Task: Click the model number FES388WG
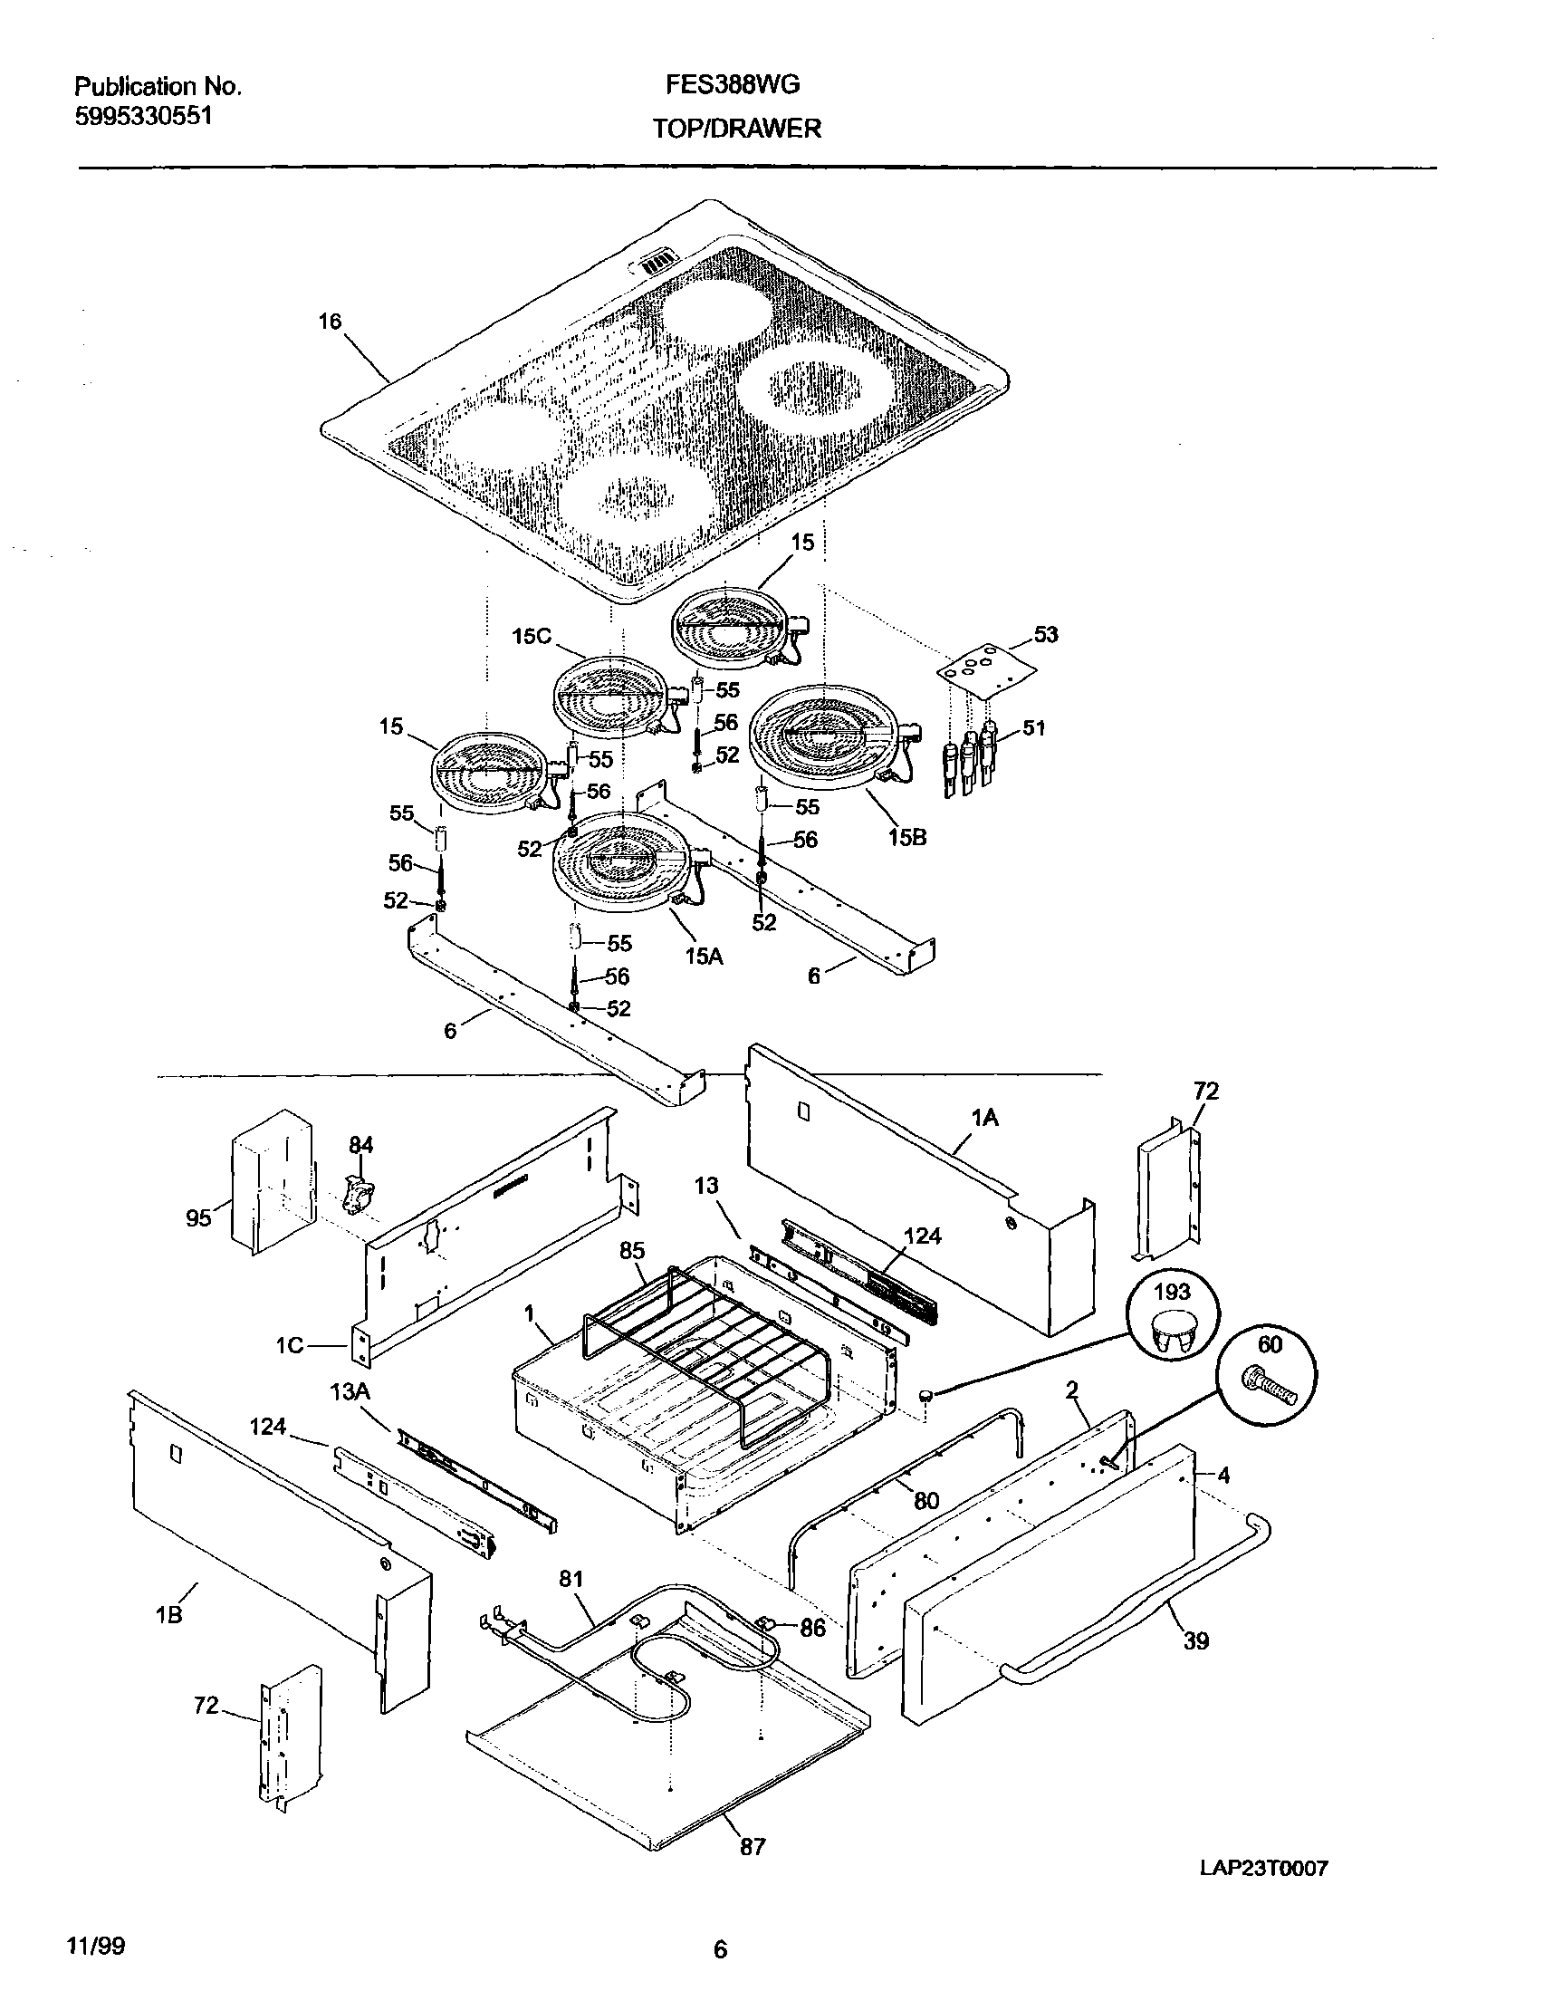point(732,85)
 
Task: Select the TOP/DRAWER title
point(736,129)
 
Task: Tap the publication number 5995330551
point(144,116)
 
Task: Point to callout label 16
point(330,322)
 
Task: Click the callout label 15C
point(532,635)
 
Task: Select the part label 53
point(1045,634)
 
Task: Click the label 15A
point(704,957)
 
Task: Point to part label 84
point(361,1145)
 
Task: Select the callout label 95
point(198,1217)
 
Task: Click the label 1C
point(289,1347)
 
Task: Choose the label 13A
point(350,1392)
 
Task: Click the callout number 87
point(753,1847)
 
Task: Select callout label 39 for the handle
point(1196,1641)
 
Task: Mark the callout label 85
point(631,1250)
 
